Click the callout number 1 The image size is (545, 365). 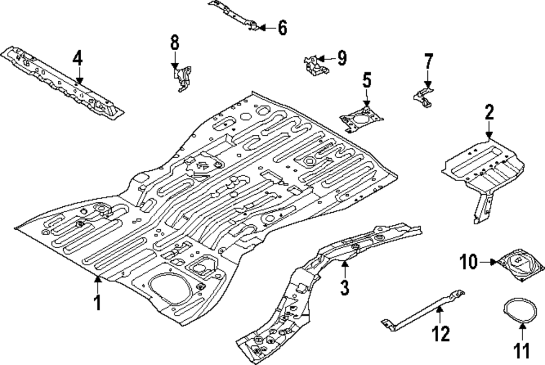(x=98, y=302)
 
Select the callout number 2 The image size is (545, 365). (x=489, y=113)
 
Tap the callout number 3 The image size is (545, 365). (x=344, y=287)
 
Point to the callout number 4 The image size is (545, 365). (x=78, y=57)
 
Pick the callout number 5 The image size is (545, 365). (x=367, y=81)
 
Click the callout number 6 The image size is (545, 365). (x=282, y=27)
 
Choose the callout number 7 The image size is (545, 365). (x=428, y=61)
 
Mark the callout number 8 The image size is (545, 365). (x=174, y=41)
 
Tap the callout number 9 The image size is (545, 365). (x=341, y=58)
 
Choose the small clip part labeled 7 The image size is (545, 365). (x=422, y=96)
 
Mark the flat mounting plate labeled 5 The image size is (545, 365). (x=360, y=118)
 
